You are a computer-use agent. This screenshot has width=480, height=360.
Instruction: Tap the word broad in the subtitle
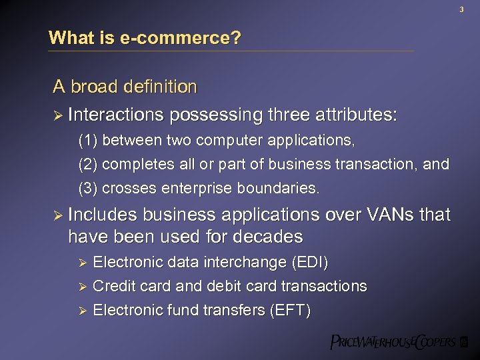(x=94, y=87)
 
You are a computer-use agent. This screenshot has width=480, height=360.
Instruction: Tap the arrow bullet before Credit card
(x=83, y=287)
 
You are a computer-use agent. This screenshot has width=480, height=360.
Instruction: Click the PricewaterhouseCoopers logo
(x=399, y=343)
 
